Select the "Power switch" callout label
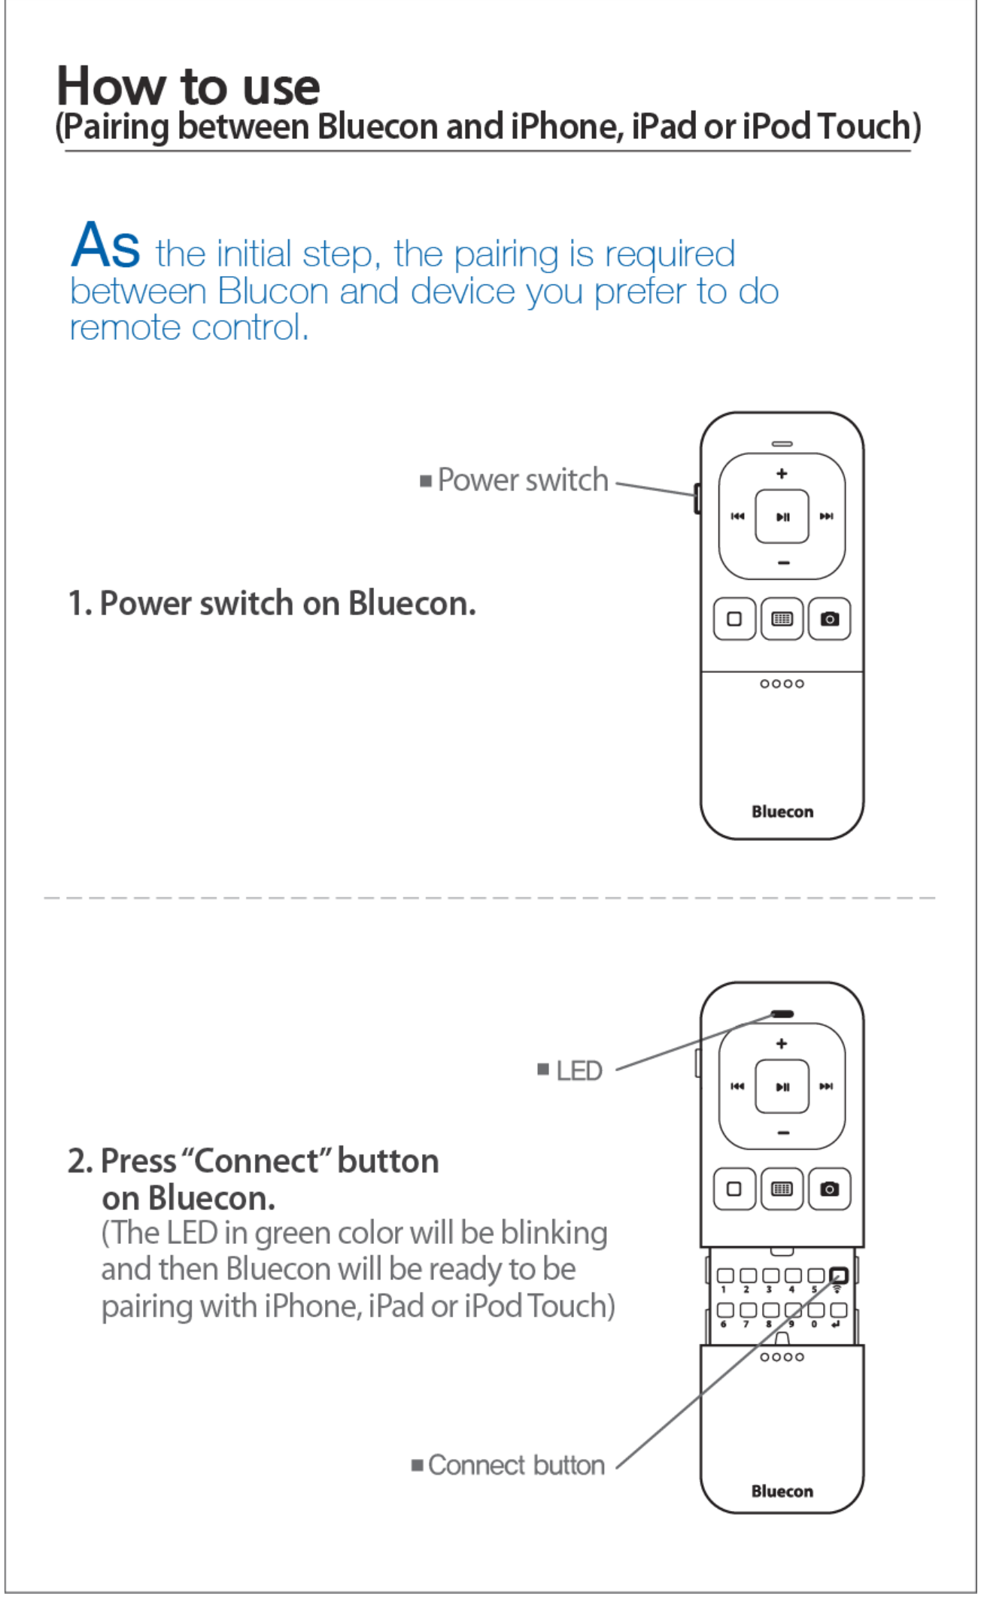pos(522,480)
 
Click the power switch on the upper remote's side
pos(697,498)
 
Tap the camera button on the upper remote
pos(829,619)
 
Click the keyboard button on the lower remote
pos(782,1189)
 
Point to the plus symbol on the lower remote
pos(782,1043)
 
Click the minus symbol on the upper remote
pos(782,563)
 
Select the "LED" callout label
pos(579,1071)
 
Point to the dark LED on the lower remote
pos(782,1014)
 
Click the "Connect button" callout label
pos(516,1465)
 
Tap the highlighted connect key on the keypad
pos(838,1276)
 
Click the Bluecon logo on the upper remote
pos(782,812)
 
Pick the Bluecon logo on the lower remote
pos(782,1491)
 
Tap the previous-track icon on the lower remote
pos(737,1086)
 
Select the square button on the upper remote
pos(734,619)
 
